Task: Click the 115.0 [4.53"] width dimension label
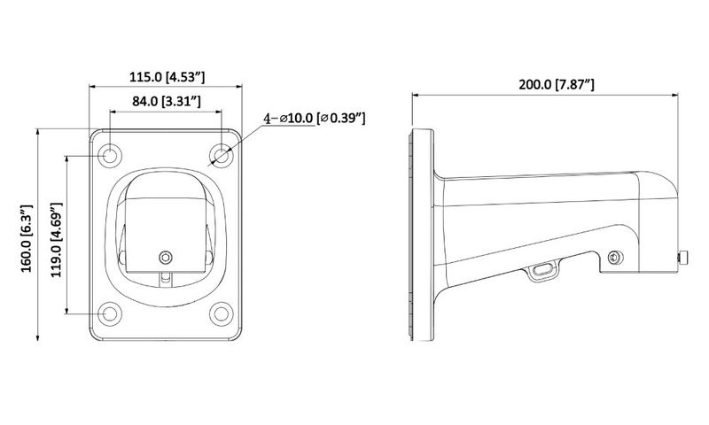168,77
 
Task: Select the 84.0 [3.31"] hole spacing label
167,101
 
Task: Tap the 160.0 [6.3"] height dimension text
27,238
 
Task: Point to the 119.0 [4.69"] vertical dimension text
56,240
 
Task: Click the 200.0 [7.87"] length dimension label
557,84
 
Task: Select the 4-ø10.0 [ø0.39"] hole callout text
315,119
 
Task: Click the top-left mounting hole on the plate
110,156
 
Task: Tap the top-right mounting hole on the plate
222,156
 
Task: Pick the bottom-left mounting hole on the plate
110,313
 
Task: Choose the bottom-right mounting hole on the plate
222,313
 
